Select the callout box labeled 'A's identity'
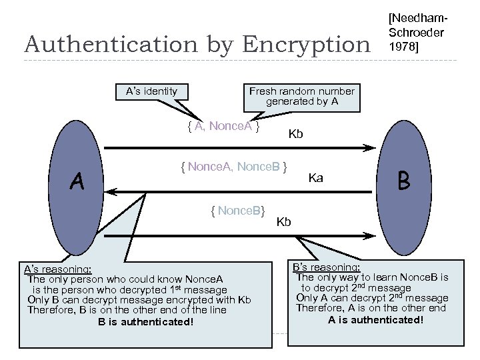coord(151,91)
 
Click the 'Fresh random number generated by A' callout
coord(301,97)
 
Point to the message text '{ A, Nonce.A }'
coord(223,127)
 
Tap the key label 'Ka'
coord(316,178)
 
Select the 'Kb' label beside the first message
coord(295,135)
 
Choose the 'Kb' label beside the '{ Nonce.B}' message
coord(283,221)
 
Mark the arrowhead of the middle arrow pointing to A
coord(113,191)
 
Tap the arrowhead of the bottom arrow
coord(367,235)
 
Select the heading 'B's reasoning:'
coord(327,267)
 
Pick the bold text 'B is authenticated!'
coord(146,323)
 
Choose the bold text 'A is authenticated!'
coord(375,319)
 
